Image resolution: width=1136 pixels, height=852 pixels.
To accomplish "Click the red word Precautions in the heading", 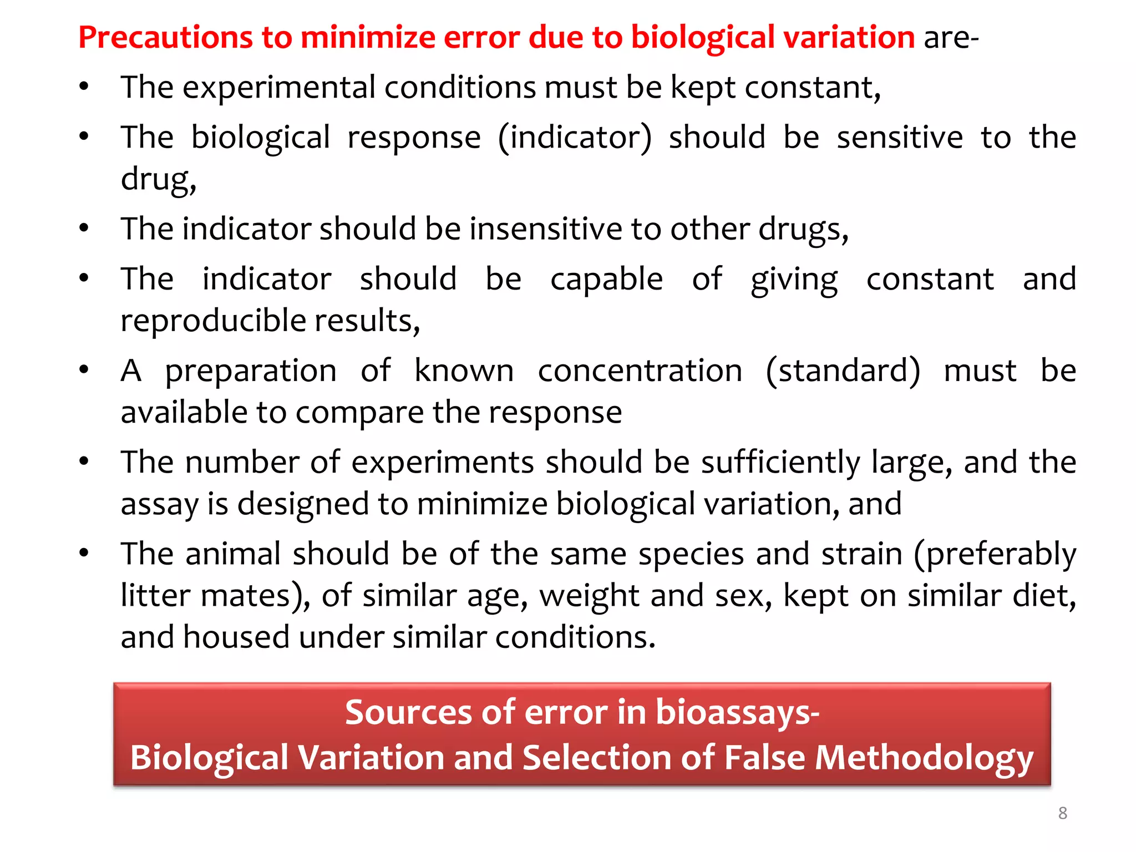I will coord(165,38).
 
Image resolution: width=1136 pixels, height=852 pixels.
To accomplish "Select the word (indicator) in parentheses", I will coord(575,138).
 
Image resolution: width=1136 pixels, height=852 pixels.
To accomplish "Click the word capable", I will coord(606,279).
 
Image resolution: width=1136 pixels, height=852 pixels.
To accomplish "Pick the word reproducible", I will coord(213,321).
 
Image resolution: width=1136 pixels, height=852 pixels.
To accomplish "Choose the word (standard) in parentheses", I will coord(843,371).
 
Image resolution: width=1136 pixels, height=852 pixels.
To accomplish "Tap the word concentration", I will coord(640,371).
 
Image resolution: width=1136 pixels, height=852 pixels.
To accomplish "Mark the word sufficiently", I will coord(780,462).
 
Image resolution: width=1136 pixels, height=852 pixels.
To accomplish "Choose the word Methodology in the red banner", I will coord(924,758).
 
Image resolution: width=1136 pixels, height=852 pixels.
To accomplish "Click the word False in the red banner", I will coord(764,758).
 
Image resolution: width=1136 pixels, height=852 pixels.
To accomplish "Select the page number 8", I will coord(1062,813).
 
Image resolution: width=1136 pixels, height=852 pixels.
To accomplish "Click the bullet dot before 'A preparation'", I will coord(84,369).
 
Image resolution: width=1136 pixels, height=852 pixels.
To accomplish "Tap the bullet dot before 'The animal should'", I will coord(84,552).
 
